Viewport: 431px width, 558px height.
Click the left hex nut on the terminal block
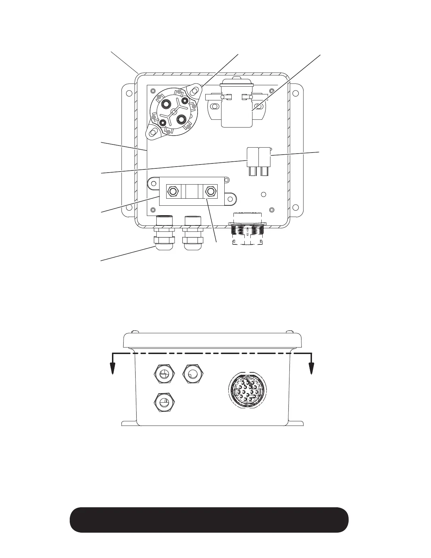pos(173,191)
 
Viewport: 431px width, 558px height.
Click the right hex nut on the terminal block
pos(211,191)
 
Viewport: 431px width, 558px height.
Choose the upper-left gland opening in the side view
pos(164,373)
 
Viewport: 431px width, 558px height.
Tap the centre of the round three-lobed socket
pos(173,112)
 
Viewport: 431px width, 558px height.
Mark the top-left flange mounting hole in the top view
pos(129,93)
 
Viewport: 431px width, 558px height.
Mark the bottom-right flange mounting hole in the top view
pos(296,207)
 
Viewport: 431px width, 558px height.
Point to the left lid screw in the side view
pos(135,332)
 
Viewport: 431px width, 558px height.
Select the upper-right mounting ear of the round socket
pos(193,91)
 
